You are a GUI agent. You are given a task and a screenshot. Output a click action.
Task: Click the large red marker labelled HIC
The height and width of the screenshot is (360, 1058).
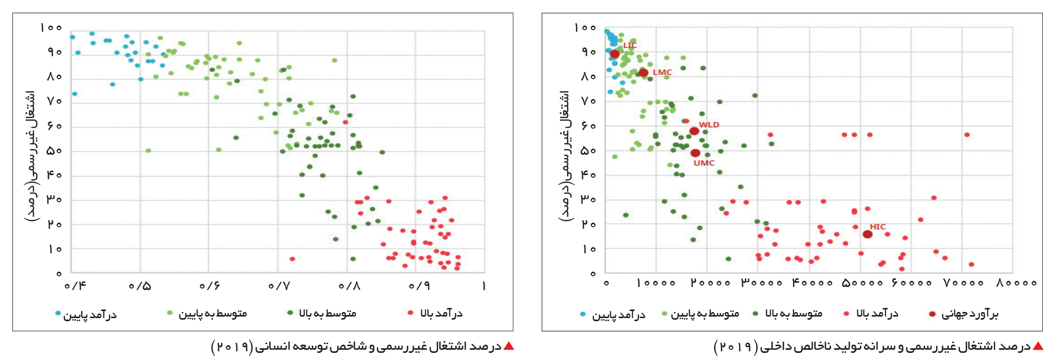pyautogui.click(x=867, y=234)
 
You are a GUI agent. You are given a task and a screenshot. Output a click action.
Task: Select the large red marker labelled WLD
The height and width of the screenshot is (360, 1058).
pyautogui.click(x=694, y=131)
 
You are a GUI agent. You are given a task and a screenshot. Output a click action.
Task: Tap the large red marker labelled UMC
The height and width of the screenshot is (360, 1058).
pyautogui.click(x=695, y=153)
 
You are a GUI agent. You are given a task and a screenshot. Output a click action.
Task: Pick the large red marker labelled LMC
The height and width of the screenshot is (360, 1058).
pyautogui.click(x=643, y=73)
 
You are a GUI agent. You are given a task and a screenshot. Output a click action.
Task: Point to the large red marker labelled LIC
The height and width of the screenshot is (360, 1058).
pyautogui.click(x=615, y=54)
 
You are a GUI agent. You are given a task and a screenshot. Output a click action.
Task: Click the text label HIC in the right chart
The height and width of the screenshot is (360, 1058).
pyautogui.click(x=878, y=227)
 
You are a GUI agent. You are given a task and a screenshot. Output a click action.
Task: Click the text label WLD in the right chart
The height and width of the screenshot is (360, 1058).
pyautogui.click(x=709, y=125)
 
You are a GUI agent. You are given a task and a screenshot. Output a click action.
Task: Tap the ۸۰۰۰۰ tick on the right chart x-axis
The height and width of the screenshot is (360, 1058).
pyautogui.click(x=1016, y=283)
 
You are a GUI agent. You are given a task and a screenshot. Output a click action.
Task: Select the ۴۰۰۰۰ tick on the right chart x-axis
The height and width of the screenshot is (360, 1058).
pyautogui.click(x=812, y=283)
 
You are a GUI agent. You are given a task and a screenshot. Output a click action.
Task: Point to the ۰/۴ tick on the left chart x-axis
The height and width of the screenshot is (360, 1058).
pyautogui.click(x=75, y=286)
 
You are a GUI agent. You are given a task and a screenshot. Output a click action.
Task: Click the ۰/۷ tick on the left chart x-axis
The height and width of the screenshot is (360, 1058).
pyautogui.click(x=279, y=286)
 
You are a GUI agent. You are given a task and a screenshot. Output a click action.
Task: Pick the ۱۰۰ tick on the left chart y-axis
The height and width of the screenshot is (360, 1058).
pyautogui.click(x=51, y=28)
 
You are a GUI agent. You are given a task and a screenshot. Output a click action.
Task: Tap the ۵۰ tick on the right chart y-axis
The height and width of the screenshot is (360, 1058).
pyautogui.click(x=589, y=151)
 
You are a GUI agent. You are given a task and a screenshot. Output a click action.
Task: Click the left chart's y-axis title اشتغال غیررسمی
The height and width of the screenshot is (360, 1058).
pyautogui.click(x=30, y=156)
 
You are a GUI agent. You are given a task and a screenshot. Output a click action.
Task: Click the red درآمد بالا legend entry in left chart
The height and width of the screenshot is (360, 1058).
pyautogui.click(x=435, y=314)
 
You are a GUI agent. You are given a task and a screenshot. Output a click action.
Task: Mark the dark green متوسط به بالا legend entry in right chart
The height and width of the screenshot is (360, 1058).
pyautogui.click(x=788, y=314)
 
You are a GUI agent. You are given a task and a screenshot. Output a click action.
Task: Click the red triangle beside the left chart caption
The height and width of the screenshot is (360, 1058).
pyautogui.click(x=509, y=346)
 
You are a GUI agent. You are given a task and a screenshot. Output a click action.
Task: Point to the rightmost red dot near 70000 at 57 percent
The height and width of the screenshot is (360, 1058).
pyautogui.click(x=967, y=135)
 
